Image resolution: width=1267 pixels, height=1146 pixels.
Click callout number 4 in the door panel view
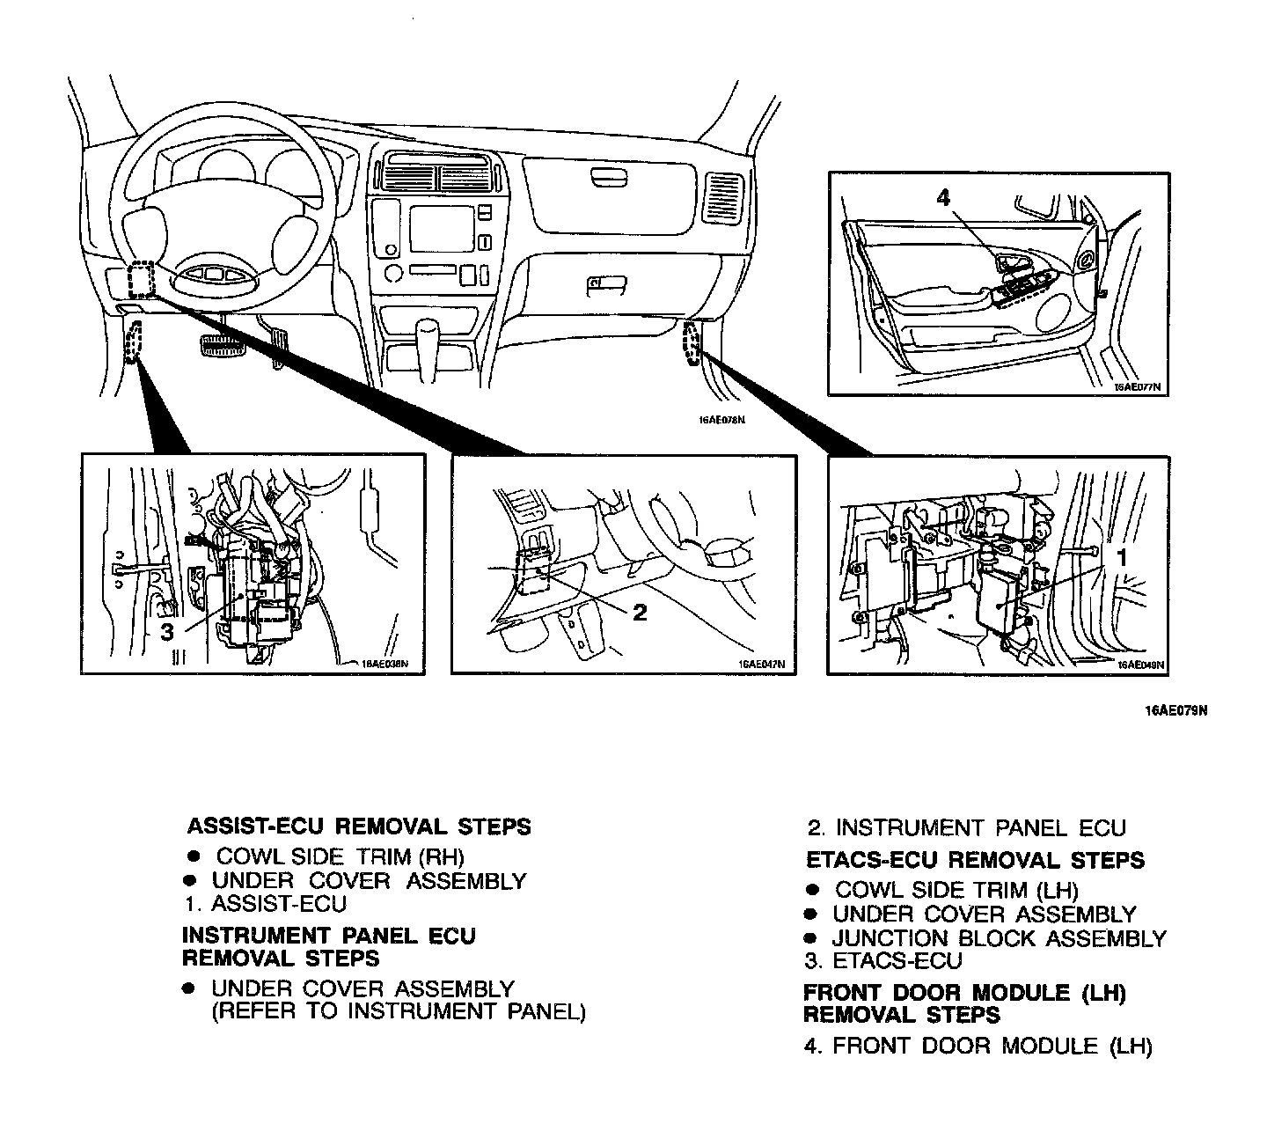(943, 198)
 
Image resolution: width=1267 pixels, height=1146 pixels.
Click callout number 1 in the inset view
(1122, 556)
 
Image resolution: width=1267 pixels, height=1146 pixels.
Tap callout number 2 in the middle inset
(640, 612)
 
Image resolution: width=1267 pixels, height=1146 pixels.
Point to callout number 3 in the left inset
(167, 631)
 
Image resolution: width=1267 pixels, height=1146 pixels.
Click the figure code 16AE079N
(1175, 711)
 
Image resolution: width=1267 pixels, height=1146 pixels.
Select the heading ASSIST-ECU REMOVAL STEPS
(359, 827)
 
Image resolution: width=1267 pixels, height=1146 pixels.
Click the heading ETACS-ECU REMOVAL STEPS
(975, 860)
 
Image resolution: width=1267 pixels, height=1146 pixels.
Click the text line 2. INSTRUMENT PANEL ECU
(967, 828)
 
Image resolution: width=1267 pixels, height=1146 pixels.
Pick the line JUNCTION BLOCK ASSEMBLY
(999, 939)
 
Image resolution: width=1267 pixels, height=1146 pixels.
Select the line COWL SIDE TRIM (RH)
(340, 856)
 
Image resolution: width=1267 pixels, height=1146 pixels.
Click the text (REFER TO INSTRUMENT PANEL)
(398, 1011)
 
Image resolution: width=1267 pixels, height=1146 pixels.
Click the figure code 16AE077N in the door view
(1137, 386)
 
